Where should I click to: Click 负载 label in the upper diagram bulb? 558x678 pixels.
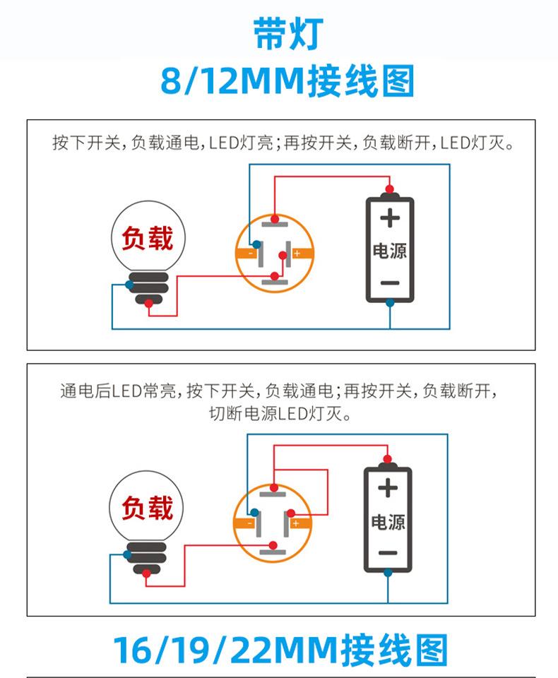(x=147, y=239)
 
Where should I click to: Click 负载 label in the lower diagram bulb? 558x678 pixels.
(x=146, y=508)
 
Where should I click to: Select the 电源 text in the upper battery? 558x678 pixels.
(x=389, y=251)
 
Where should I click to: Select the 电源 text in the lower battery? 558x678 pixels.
(x=388, y=523)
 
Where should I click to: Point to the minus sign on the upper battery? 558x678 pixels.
(x=389, y=282)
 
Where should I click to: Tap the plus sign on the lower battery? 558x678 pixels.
(x=387, y=487)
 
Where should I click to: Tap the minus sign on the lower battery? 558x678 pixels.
(x=387, y=553)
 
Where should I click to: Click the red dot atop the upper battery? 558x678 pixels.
(x=388, y=189)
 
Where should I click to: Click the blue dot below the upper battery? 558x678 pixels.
(x=389, y=303)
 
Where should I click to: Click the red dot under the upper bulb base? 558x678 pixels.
(x=148, y=304)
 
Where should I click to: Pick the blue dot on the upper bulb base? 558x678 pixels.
(x=128, y=285)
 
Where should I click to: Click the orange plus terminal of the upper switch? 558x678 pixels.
(x=297, y=253)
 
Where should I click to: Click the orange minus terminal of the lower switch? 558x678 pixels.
(x=246, y=523)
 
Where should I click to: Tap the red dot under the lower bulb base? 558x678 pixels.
(x=146, y=573)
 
